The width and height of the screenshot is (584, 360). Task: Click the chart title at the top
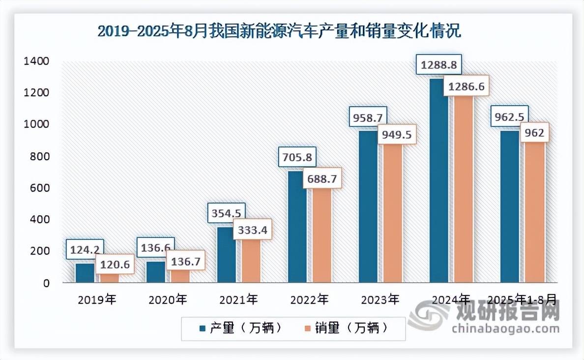tap(279, 31)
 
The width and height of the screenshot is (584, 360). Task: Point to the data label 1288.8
tap(438, 64)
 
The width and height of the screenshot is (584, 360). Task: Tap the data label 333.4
tap(252, 229)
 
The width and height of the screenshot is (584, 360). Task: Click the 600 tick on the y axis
tap(38, 188)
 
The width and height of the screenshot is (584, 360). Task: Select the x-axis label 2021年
tap(238, 299)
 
